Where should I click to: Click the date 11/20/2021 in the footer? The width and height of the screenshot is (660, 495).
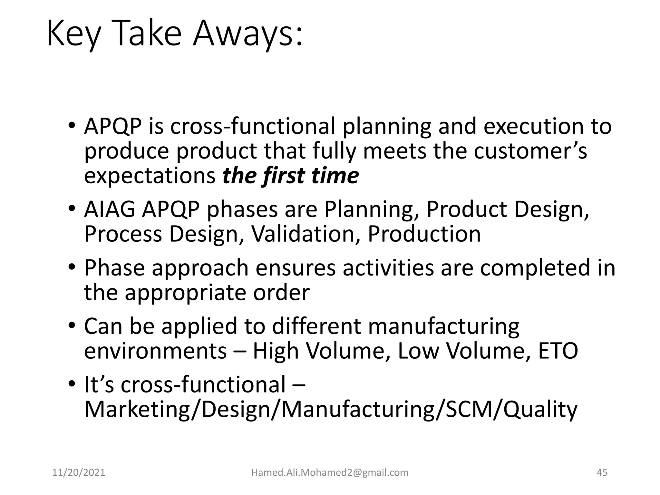coord(79,472)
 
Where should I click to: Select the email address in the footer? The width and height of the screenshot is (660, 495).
coord(330,472)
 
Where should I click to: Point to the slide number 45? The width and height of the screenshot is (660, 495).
coord(602,472)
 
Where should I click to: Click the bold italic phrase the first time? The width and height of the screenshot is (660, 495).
coord(290,176)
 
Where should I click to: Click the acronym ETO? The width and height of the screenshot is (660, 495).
coord(558,351)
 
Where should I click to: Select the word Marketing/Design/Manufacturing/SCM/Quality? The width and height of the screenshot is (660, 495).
coord(331,409)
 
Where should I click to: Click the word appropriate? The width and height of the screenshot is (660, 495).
coord(185,293)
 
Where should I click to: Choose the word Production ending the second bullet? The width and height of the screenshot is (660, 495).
coord(424,234)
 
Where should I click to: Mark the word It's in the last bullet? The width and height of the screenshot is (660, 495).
coord(99,384)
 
